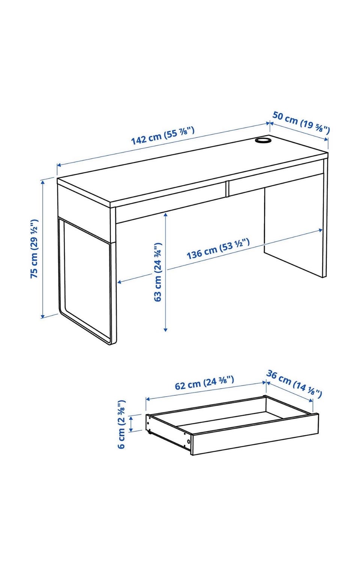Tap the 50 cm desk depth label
tap(301, 122)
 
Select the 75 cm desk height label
tap(34, 248)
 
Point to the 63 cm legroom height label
tap(158, 272)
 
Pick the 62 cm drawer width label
tap(204, 383)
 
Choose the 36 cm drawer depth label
tap(294, 384)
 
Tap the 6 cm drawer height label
tap(121, 424)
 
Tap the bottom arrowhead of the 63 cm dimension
tap(165, 329)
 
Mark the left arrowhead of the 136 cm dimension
tap(120, 282)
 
